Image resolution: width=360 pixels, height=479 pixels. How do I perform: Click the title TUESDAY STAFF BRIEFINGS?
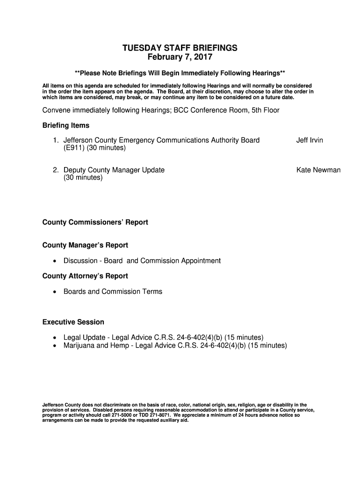180,48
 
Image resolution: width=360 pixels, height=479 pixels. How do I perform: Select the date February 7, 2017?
180,58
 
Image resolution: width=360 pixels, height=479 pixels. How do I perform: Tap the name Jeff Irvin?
310,140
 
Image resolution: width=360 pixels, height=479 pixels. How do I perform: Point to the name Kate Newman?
318,170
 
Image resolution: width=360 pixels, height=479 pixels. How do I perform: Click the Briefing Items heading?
66,126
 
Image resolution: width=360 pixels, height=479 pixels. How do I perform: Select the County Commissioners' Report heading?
95,222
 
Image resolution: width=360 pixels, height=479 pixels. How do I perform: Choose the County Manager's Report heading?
85,245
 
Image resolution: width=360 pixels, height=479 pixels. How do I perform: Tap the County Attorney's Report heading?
85,276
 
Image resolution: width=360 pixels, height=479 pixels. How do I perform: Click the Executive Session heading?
73,322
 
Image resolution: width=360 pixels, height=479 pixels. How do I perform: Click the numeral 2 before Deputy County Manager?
55,170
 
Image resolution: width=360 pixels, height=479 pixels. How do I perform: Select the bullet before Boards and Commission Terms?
55,292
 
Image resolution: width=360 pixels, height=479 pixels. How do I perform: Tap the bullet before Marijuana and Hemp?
55,346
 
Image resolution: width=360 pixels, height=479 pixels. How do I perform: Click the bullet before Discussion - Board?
55,261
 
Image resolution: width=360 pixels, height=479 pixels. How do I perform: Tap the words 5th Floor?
266,110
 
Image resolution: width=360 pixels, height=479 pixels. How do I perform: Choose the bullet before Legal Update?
55,338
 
